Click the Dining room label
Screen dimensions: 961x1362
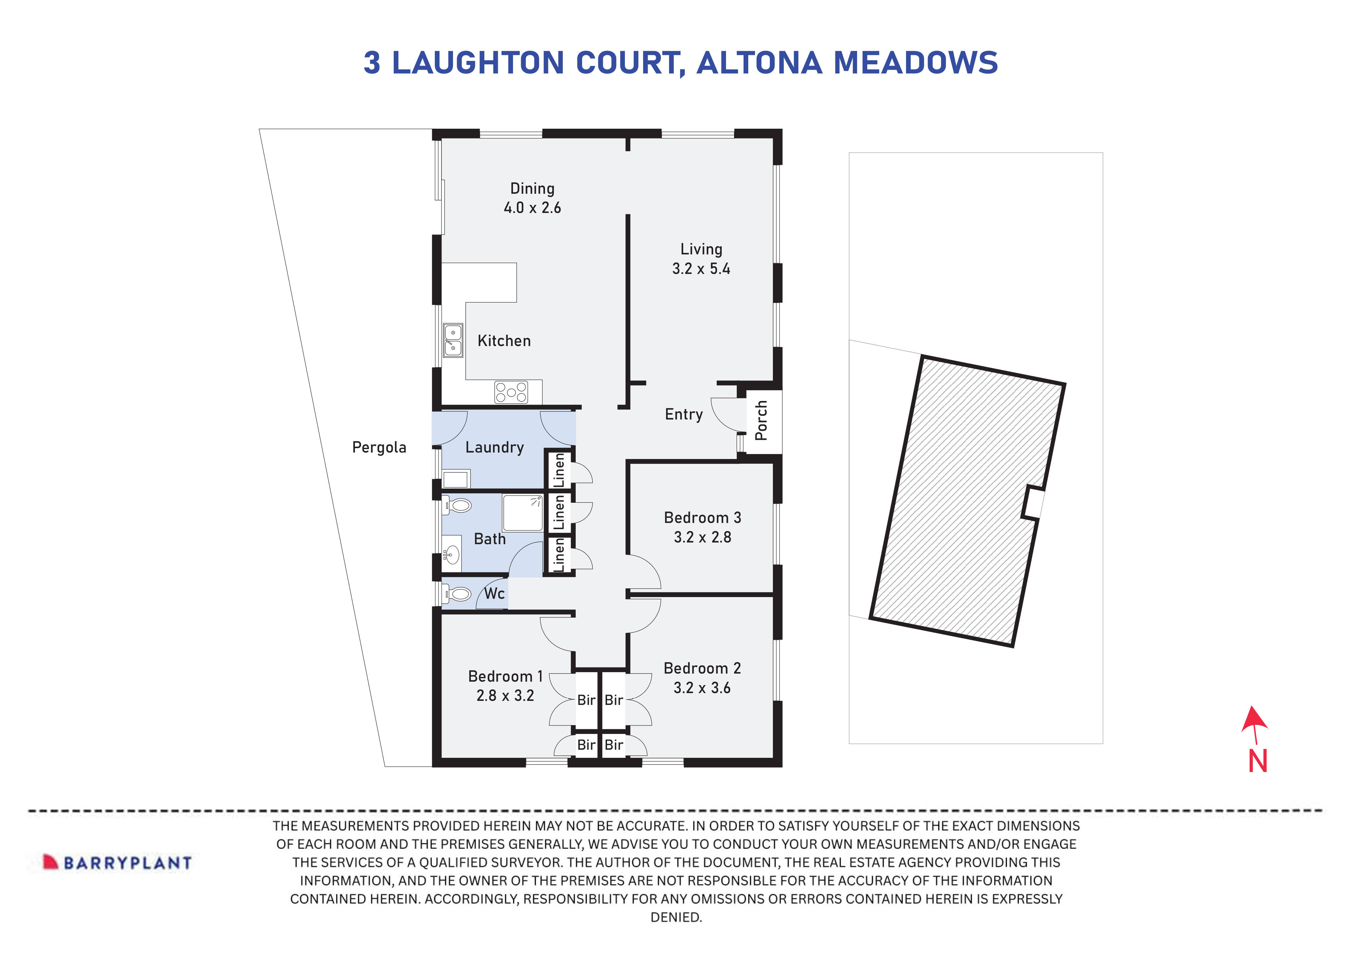pos(532,189)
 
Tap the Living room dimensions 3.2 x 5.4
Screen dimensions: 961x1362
pos(701,269)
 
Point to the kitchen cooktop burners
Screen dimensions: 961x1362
pos(511,392)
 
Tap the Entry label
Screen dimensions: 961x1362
pos(684,414)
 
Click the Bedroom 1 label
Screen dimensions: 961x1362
pos(505,676)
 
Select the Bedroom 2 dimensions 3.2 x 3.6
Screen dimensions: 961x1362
pos(702,688)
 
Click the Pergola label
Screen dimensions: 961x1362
pos(379,447)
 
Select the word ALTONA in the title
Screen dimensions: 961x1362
pos(759,63)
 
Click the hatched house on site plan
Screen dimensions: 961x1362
pos(967,501)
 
